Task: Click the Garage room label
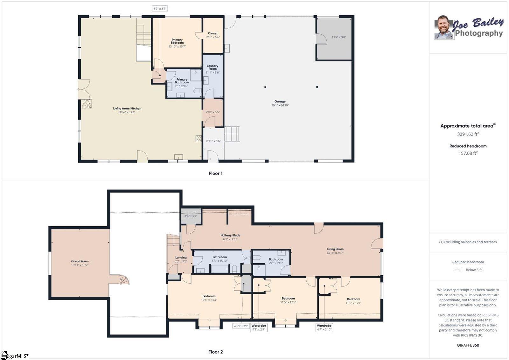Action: (x=280, y=102)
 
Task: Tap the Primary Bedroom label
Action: (x=177, y=41)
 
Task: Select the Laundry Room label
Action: (x=213, y=67)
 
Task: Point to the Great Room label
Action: (x=80, y=261)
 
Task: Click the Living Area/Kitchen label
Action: (x=127, y=109)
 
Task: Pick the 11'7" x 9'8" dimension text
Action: (x=339, y=37)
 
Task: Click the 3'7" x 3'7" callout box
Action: (x=160, y=9)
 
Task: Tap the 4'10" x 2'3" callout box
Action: (x=241, y=326)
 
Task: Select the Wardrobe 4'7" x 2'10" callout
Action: (x=324, y=328)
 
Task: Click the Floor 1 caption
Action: (x=216, y=173)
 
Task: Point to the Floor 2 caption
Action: (x=216, y=352)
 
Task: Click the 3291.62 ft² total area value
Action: (x=468, y=134)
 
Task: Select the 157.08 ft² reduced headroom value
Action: (x=468, y=153)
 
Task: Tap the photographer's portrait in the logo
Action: (x=443, y=27)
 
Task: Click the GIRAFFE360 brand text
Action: (x=468, y=345)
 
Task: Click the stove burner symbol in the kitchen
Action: (x=199, y=139)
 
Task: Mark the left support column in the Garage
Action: (x=265, y=87)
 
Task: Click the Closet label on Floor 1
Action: (x=213, y=33)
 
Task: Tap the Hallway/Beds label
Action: (x=230, y=235)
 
